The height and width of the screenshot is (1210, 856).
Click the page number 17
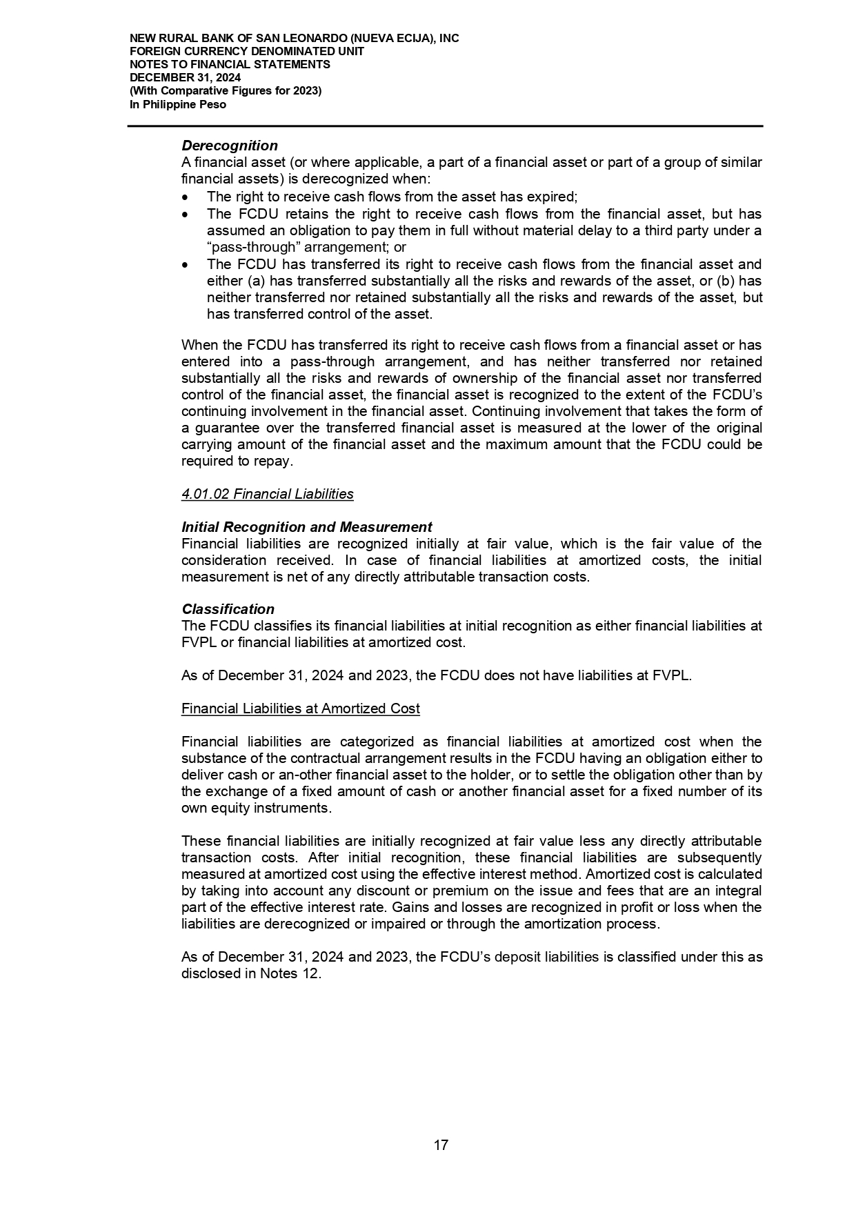pyautogui.click(x=441, y=1145)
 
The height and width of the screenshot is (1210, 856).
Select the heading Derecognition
pyautogui.click(x=230, y=146)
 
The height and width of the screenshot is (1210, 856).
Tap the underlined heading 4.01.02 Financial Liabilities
pyautogui.click(x=267, y=494)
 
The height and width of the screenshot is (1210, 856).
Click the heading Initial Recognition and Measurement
pyautogui.click(x=307, y=527)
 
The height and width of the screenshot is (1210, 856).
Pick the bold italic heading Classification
pyautogui.click(x=228, y=609)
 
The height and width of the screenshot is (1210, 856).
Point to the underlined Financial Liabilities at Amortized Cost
pyautogui.click(x=300, y=708)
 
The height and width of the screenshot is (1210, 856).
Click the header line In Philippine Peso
pyautogui.click(x=177, y=105)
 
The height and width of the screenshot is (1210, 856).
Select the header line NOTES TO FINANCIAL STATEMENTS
pyautogui.click(x=230, y=64)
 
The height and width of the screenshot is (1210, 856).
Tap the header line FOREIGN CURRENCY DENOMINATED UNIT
pyautogui.click(x=247, y=51)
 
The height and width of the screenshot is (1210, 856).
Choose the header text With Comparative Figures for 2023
pyautogui.click(x=226, y=91)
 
